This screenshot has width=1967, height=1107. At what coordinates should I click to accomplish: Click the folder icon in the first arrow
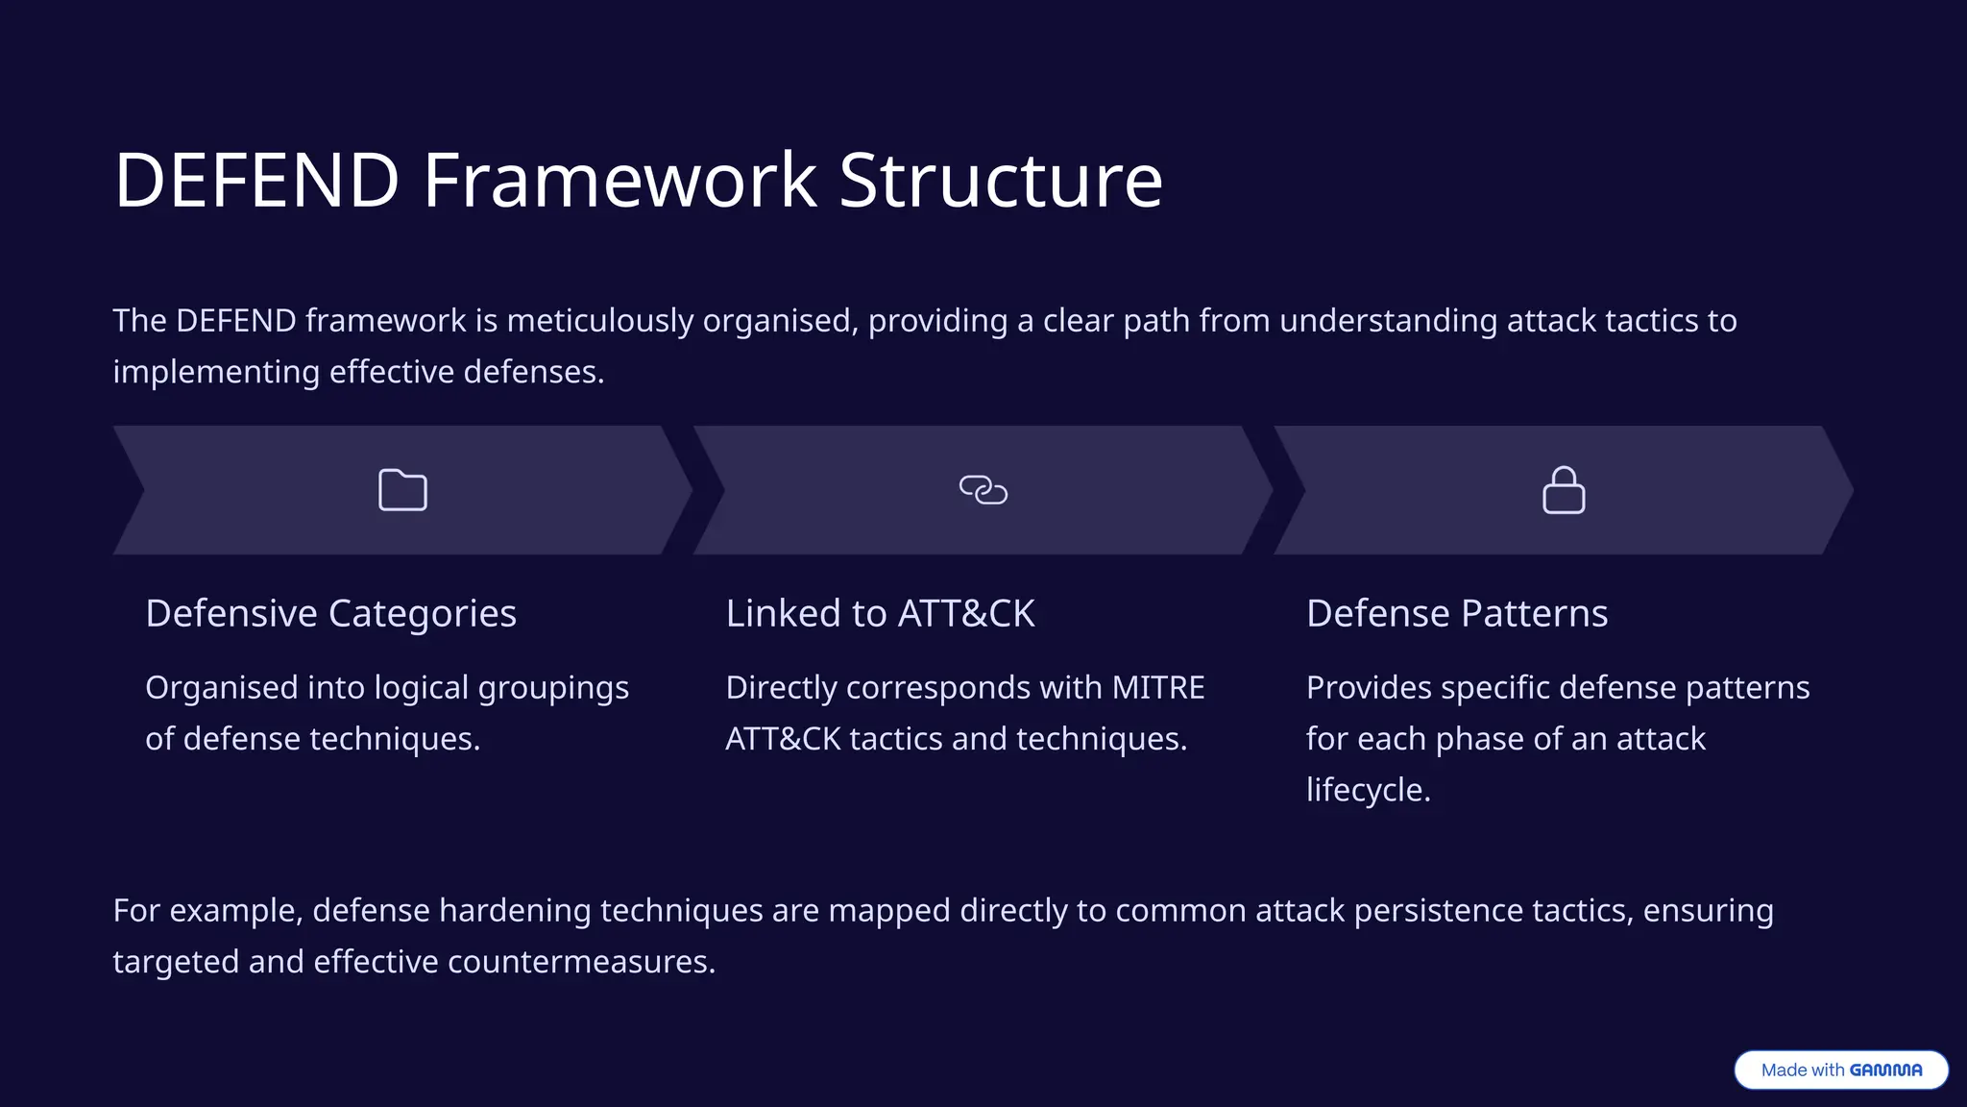[x=402, y=490]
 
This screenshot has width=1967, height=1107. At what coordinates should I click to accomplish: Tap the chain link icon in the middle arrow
[x=983, y=490]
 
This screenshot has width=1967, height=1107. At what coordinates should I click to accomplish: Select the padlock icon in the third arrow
[x=1564, y=490]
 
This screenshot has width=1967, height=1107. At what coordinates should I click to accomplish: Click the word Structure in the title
[x=1000, y=180]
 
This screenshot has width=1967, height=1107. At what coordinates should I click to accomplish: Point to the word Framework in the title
[x=619, y=180]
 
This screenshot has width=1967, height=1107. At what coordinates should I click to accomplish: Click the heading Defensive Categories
[x=330, y=613]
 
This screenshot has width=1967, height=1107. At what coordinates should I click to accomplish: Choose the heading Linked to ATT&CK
[x=880, y=613]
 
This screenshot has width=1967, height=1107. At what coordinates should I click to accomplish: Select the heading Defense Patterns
[x=1456, y=613]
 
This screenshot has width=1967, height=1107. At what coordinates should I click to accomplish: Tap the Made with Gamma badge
[x=1840, y=1070]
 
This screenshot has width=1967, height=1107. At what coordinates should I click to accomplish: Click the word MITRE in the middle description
[x=1157, y=687]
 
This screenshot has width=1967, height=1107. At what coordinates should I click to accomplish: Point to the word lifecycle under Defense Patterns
[x=1368, y=789]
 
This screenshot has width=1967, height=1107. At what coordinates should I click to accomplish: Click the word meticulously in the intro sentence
[x=599, y=320]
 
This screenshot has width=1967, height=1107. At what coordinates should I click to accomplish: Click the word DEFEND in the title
[x=256, y=180]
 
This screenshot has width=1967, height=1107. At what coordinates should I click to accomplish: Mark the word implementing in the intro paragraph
[x=216, y=372]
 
